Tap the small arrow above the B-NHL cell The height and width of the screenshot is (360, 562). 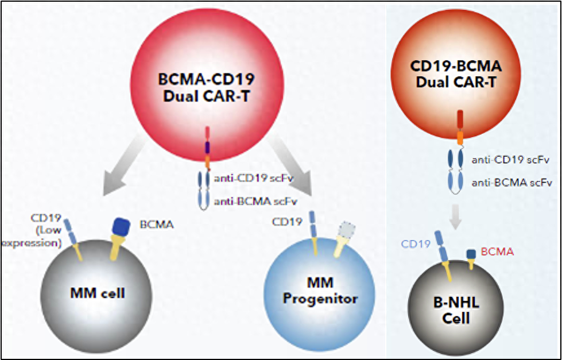tap(455, 217)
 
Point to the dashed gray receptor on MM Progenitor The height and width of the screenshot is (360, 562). tap(346, 230)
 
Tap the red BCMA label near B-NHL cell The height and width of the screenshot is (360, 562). tap(497, 251)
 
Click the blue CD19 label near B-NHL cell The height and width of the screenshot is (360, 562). tap(416, 245)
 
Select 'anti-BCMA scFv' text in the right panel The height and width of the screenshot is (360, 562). tap(511, 183)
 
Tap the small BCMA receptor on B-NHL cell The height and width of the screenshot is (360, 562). tap(471, 256)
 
